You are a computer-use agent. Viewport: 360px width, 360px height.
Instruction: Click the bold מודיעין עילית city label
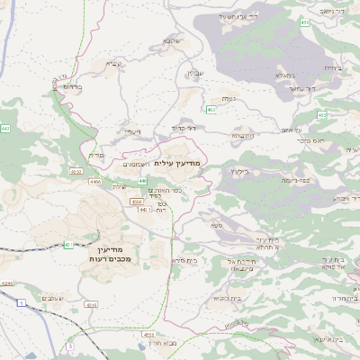[x=181, y=162]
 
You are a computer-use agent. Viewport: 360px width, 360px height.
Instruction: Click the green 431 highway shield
[x=67, y=245]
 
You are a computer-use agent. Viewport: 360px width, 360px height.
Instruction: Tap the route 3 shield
[x=69, y=345]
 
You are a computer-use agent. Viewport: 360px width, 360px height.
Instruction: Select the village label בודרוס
[x=71, y=86]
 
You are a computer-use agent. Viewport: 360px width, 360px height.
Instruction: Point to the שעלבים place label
[x=50, y=297]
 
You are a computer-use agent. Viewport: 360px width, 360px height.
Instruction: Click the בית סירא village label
[x=185, y=260]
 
